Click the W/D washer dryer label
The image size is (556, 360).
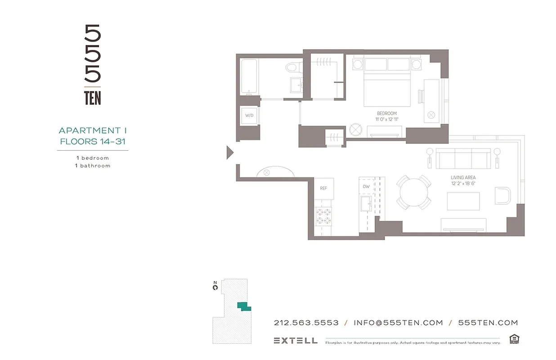click(x=249, y=116)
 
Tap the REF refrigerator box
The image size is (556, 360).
click(x=323, y=189)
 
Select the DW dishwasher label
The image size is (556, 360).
click(x=366, y=186)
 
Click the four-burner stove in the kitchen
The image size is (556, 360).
click(x=323, y=216)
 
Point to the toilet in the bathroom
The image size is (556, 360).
click(x=292, y=68)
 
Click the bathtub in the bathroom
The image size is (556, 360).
click(x=248, y=76)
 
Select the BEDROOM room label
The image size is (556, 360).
click(x=386, y=113)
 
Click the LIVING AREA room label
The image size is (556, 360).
click(x=463, y=178)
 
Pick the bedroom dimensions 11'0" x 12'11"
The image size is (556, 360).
click(x=386, y=120)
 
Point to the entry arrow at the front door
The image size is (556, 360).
click(x=230, y=153)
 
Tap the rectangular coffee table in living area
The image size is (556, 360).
click(x=463, y=201)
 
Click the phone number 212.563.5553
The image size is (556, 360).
click(x=306, y=323)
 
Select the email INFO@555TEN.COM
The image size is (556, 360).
click(x=398, y=323)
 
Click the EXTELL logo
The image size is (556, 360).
click(x=295, y=341)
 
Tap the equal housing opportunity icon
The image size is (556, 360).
click(x=514, y=339)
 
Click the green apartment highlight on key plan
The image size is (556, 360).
click(x=243, y=306)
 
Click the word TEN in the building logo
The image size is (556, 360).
click(x=93, y=98)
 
